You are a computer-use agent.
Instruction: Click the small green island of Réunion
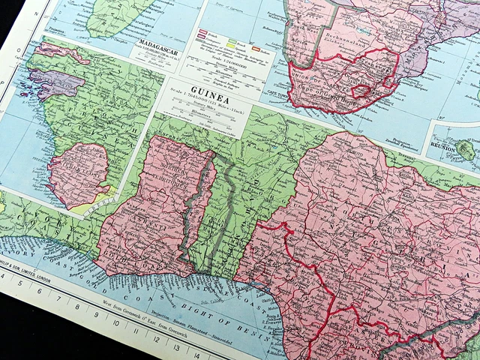click(x=466, y=150)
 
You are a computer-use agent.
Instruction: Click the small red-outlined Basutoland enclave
click(x=363, y=91)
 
